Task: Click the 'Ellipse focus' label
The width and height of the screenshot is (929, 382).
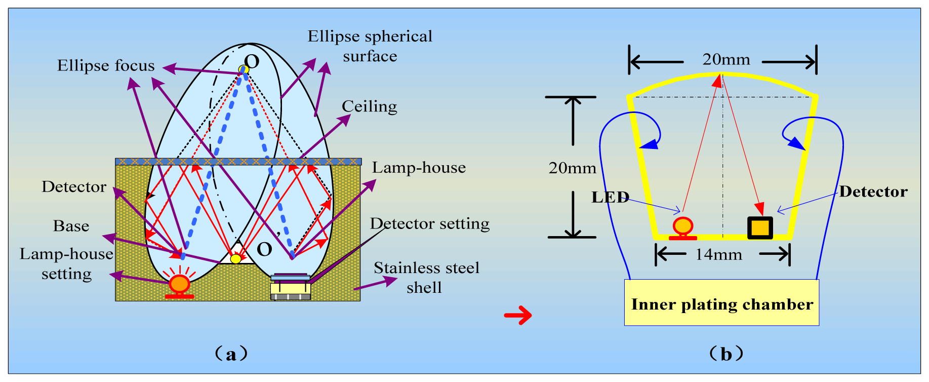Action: (105, 66)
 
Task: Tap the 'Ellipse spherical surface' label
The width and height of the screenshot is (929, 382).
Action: (370, 46)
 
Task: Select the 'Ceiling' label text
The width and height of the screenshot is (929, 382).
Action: (369, 107)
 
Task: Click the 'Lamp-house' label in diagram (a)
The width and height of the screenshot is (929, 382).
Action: (419, 168)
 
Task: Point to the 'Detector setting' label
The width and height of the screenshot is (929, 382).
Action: (430, 223)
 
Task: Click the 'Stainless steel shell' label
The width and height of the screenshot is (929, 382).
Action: (426, 278)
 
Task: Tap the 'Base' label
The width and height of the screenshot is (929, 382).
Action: (71, 226)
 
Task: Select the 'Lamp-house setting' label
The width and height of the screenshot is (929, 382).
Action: (66, 263)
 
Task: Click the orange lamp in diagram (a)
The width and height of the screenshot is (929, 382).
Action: (179, 284)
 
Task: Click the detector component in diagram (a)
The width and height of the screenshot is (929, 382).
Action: (291, 287)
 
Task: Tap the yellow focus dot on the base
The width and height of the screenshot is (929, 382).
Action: (236, 259)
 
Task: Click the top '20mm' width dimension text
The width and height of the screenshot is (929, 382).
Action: (726, 60)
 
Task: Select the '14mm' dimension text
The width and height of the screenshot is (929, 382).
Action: (718, 255)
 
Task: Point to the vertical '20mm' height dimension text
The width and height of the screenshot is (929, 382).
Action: (572, 168)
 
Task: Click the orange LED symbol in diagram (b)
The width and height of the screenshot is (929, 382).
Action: (683, 226)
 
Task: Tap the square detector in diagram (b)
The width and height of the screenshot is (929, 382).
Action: (760, 228)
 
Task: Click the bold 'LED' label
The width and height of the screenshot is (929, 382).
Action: (610, 197)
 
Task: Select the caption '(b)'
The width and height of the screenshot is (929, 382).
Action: (726, 354)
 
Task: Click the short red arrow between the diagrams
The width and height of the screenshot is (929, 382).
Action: (518, 316)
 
